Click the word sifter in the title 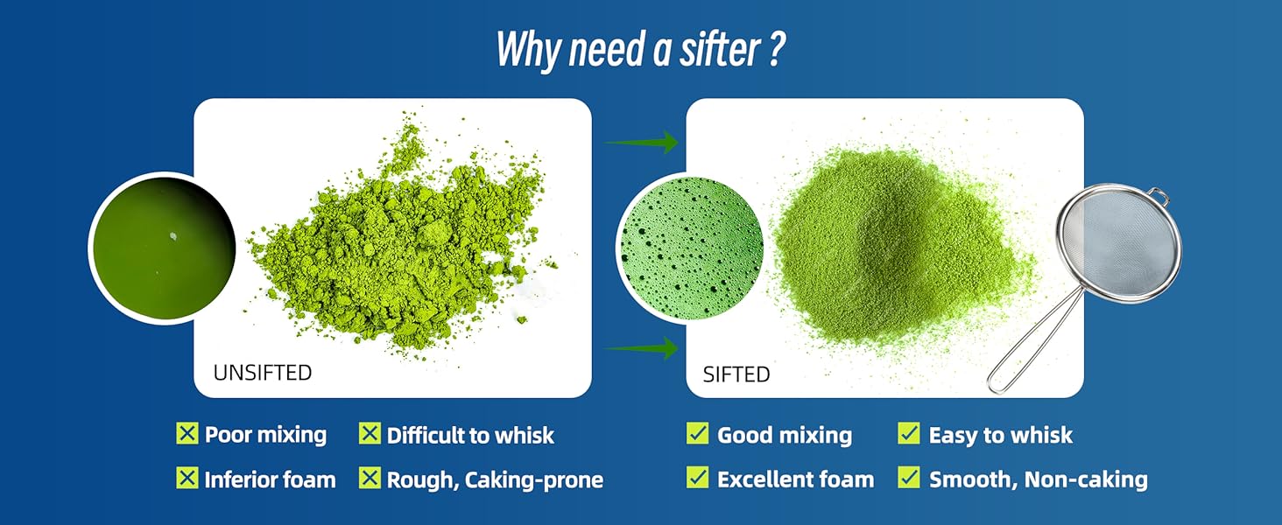(x=720, y=50)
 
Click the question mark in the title (x=775, y=50)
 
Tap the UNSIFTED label (x=263, y=373)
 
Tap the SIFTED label (x=736, y=374)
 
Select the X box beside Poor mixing (x=187, y=433)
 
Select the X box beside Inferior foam (x=187, y=478)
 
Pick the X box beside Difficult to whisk (x=370, y=433)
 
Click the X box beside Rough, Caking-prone (x=370, y=478)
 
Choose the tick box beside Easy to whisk (x=909, y=433)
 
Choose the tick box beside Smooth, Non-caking (x=909, y=478)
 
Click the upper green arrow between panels (x=642, y=142)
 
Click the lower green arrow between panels (x=642, y=347)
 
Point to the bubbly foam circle (x=692, y=248)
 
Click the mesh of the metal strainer (x=1119, y=243)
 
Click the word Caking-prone (x=534, y=480)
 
